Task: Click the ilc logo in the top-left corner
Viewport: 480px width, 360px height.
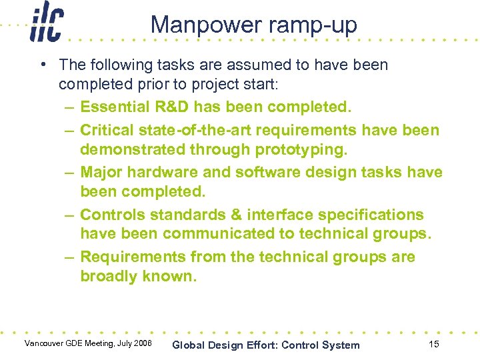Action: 46,24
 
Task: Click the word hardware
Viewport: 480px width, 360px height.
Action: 163,172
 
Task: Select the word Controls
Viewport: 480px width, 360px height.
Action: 113,215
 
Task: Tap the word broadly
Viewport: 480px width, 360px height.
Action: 109,277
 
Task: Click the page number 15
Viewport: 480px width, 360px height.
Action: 434,344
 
